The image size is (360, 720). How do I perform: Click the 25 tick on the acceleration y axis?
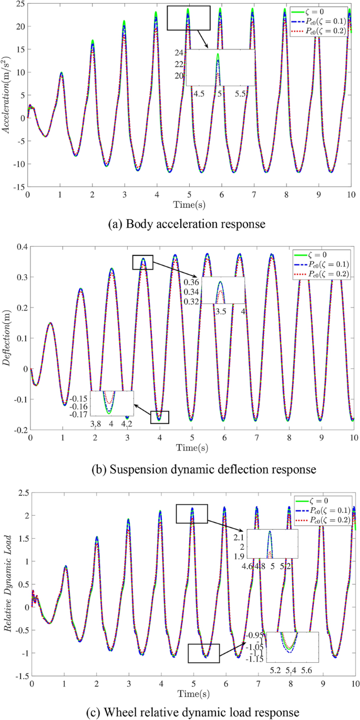pyautogui.click(x=19, y=4)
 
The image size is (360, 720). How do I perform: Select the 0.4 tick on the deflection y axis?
pyautogui.click(x=19, y=247)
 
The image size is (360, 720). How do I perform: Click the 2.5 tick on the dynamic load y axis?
pyautogui.click(x=20, y=491)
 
